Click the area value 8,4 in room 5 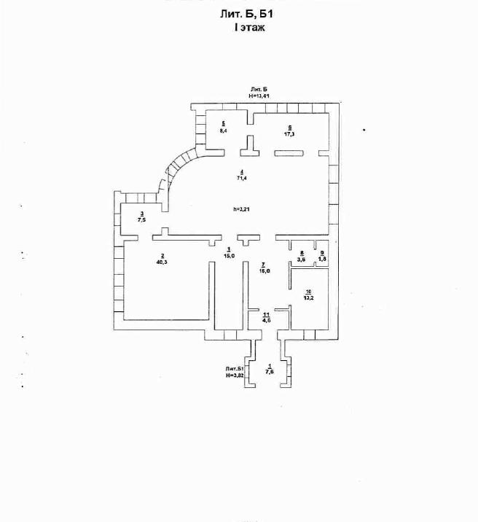224,130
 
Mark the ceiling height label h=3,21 242,209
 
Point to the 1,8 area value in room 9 323,259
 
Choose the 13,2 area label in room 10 308,297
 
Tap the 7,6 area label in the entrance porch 270,372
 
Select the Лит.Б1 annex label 234,369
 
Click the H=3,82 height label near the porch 234,375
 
